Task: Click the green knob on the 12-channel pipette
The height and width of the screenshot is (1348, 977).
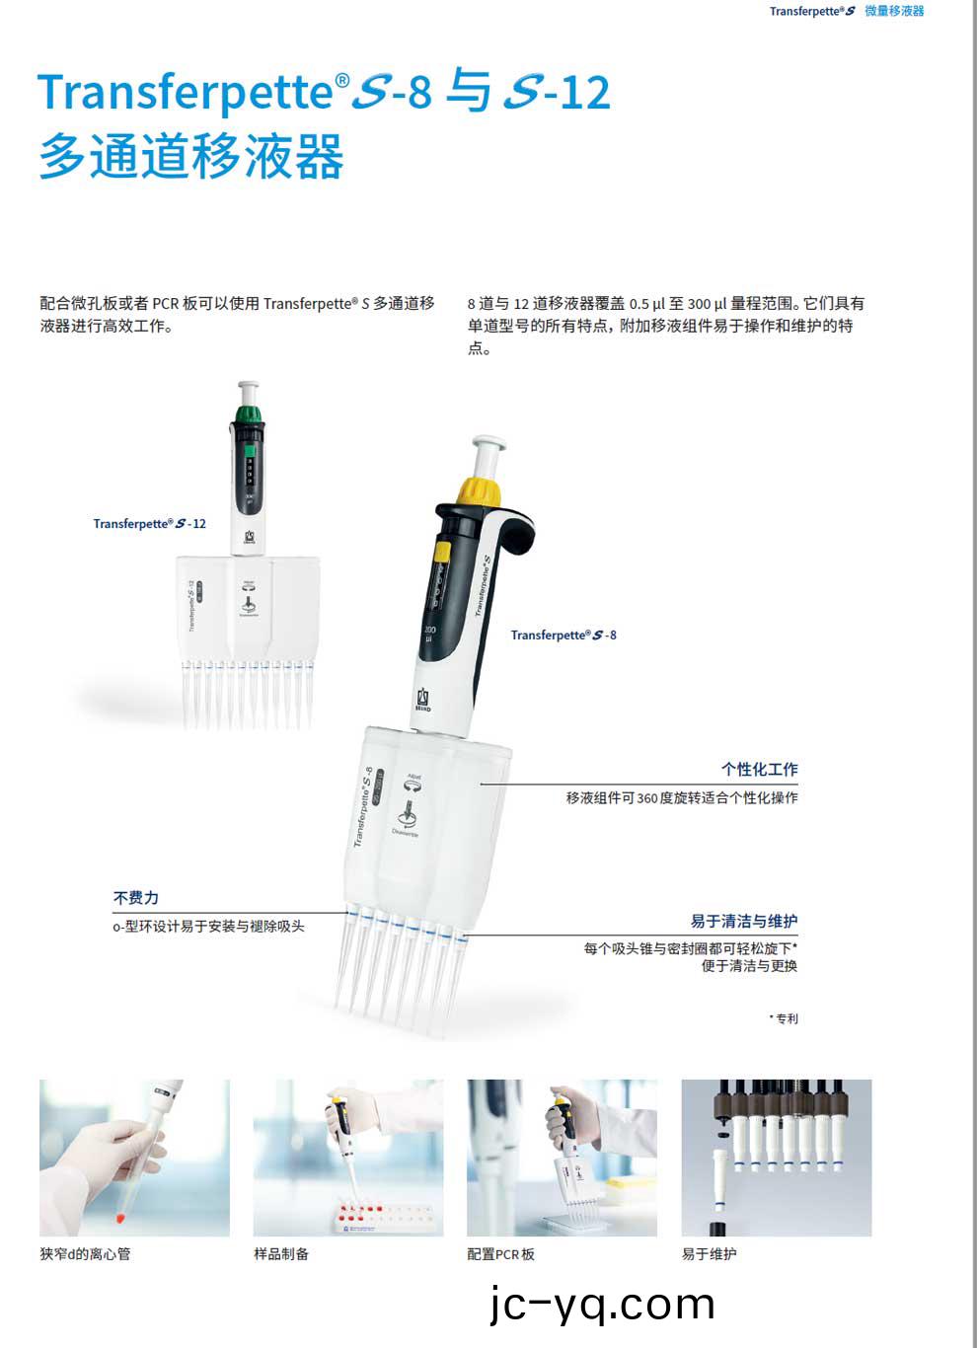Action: pyautogui.click(x=250, y=412)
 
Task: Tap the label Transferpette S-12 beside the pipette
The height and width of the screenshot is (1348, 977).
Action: pyautogui.click(x=149, y=524)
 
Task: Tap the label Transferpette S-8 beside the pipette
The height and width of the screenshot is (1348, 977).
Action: pyautogui.click(x=563, y=636)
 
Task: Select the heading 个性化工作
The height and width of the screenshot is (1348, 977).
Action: pyautogui.click(x=759, y=770)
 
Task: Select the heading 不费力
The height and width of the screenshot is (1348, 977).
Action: pyautogui.click(x=135, y=898)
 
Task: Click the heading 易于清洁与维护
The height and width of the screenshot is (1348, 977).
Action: pyautogui.click(x=743, y=922)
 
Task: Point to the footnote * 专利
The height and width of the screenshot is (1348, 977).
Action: pyautogui.click(x=784, y=1018)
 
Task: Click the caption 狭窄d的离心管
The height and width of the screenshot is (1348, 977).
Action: pyautogui.click(x=85, y=1254)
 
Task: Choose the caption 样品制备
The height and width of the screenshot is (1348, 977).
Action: pyautogui.click(x=281, y=1254)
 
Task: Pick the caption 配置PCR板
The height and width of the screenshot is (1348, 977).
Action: pyautogui.click(x=500, y=1254)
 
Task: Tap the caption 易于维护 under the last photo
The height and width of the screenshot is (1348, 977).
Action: pyautogui.click(x=709, y=1254)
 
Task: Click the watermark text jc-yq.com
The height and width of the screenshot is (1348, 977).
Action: pyautogui.click(x=602, y=1305)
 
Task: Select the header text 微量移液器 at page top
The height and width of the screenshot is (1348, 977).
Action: pyautogui.click(x=894, y=11)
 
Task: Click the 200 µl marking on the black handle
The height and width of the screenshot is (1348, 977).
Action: pyautogui.click(x=429, y=635)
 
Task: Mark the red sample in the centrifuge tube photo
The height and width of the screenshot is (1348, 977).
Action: pyautogui.click(x=120, y=1218)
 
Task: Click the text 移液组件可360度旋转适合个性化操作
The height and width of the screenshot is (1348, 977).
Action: pyautogui.click(x=681, y=797)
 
